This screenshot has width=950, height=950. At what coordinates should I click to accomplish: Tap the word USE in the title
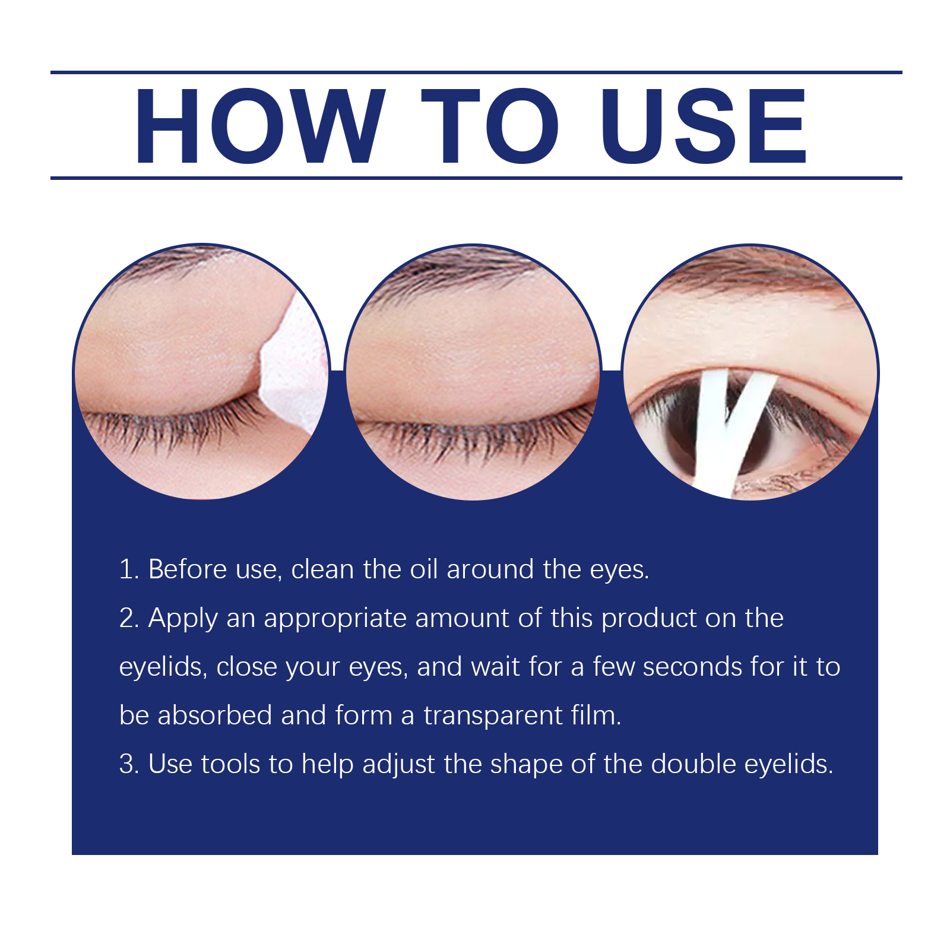tap(704, 126)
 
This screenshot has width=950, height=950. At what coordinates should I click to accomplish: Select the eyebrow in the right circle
tap(754, 270)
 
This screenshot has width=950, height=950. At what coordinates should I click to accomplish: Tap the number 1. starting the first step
tap(129, 569)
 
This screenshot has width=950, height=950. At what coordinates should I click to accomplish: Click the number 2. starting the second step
tap(129, 618)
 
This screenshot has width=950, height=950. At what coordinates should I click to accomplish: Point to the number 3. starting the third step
tap(129, 764)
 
